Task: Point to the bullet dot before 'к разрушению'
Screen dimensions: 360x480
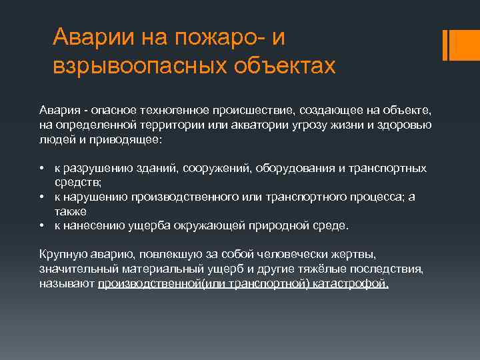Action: click(x=41, y=168)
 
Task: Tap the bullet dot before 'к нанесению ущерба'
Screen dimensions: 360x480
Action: click(x=41, y=225)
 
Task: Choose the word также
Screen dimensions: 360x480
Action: click(x=71, y=211)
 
